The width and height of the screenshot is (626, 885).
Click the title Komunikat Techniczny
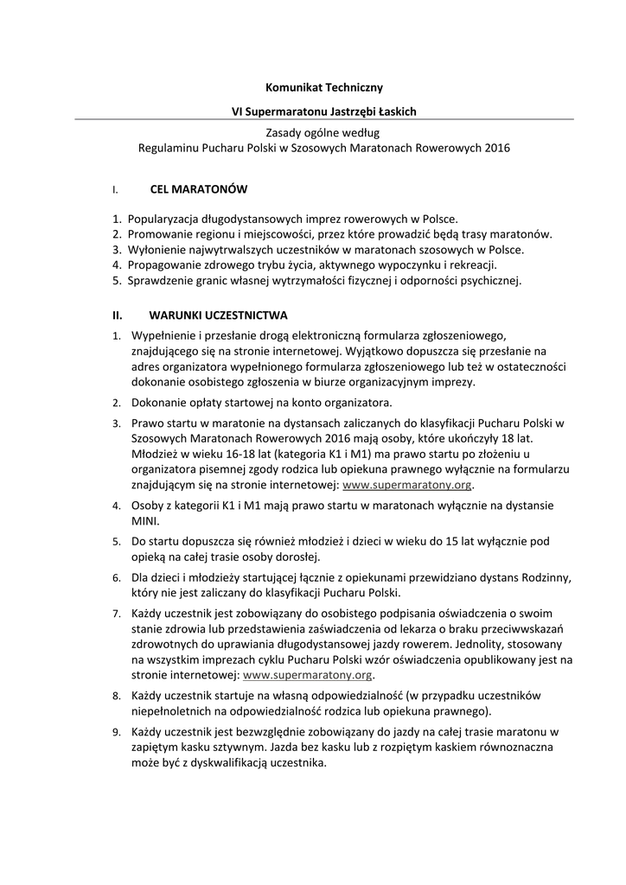pyautogui.click(x=323, y=87)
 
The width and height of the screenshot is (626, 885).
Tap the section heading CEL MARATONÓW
pyautogui.click(x=199, y=188)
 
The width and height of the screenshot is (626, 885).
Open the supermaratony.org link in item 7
pyautogui.click(x=309, y=675)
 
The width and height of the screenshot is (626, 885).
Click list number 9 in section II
pyautogui.click(x=116, y=733)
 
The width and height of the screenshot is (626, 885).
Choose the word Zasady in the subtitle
pyautogui.click(x=286, y=132)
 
